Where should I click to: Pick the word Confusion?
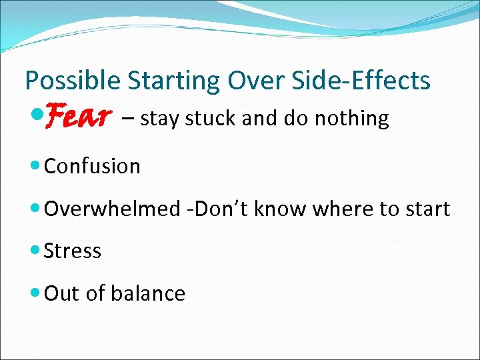tap(92, 166)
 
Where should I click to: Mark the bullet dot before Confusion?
tap(36, 166)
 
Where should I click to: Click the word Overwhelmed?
tap(111, 209)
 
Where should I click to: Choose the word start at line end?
tap(427, 209)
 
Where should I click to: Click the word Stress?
tap(72, 251)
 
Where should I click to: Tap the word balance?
tap(151, 293)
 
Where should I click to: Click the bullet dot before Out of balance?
tap(36, 293)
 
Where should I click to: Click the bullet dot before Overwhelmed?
tap(36, 209)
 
